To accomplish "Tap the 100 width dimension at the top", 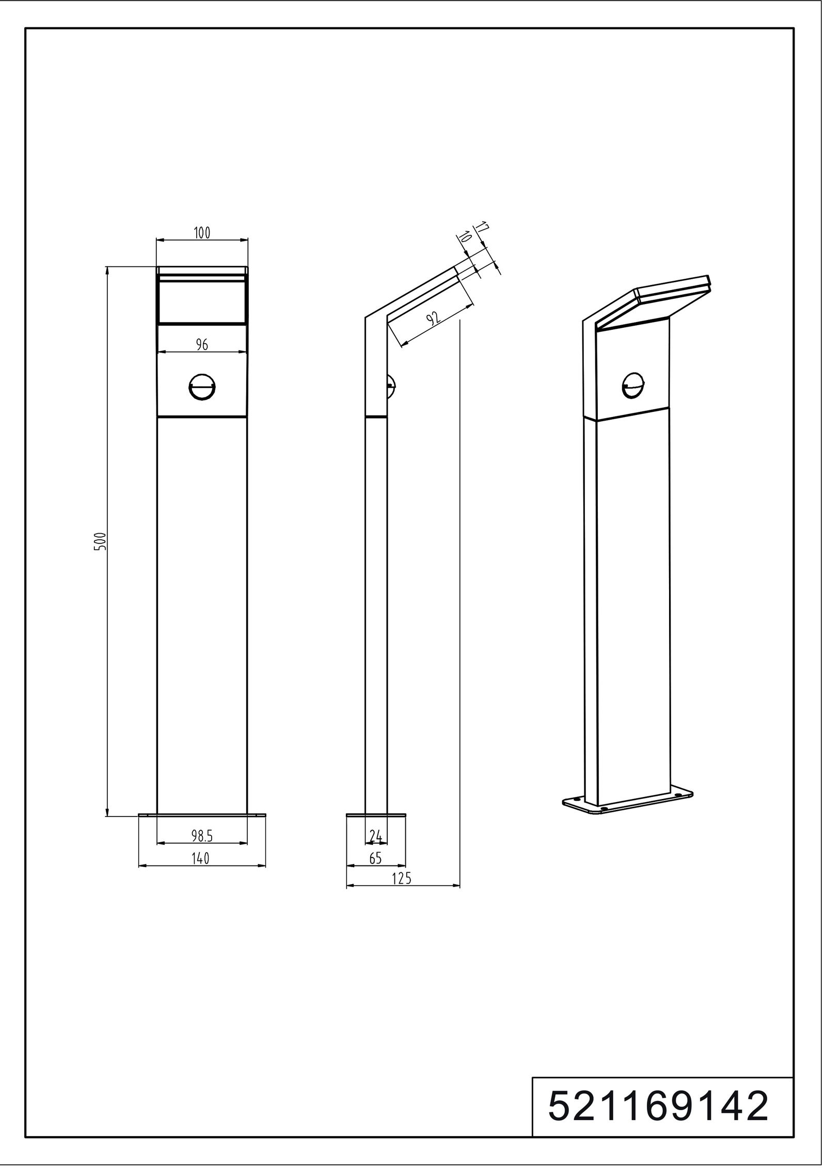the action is pos(202,233).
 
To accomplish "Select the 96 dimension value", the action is pos(202,345).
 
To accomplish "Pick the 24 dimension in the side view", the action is pos(376,835).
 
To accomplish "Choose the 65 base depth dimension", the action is pos(375,858).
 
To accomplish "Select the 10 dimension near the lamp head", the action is pos(464,237).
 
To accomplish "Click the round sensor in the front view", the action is pos(202,387).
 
